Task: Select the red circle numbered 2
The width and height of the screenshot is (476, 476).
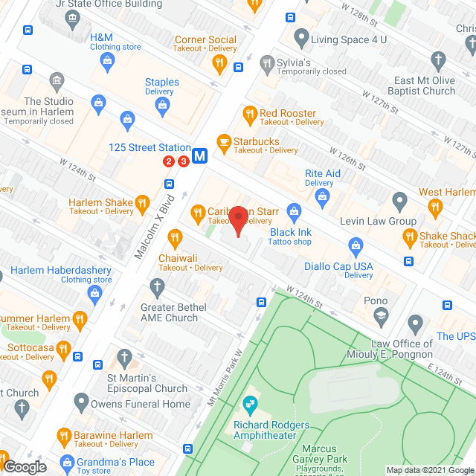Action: pyautogui.click(x=169, y=161)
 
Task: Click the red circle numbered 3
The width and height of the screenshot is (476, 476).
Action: pyautogui.click(x=182, y=161)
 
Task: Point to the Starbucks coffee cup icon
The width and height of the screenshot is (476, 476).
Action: pyautogui.click(x=222, y=141)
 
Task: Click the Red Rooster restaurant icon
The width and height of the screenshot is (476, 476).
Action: pyautogui.click(x=249, y=113)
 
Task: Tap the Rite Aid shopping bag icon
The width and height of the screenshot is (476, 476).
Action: pyautogui.click(x=322, y=196)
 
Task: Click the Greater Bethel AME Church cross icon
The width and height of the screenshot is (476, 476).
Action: pyautogui.click(x=156, y=286)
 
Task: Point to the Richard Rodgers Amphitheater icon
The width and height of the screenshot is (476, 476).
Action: pyautogui.click(x=250, y=405)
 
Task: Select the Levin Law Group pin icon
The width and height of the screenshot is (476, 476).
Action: pyautogui.click(x=399, y=200)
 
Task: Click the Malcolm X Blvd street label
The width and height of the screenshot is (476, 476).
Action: pyautogui.click(x=155, y=226)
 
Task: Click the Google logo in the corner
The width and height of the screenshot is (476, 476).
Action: pyautogui.click(x=24, y=466)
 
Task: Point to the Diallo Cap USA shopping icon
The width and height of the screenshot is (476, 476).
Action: pyautogui.click(x=356, y=245)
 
